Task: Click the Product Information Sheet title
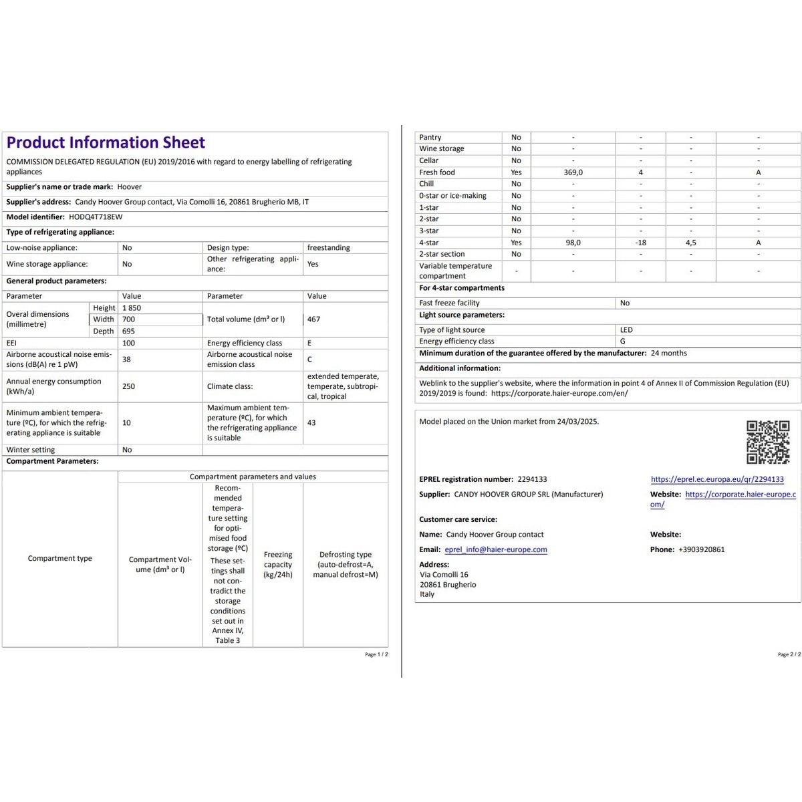(106, 142)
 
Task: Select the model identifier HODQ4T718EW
(96, 217)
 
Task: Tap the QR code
(768, 442)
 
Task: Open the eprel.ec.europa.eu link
(717, 479)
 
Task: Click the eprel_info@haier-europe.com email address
(496, 550)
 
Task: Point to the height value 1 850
(132, 308)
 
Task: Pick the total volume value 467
(313, 319)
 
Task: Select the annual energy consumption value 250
(128, 386)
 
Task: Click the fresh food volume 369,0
(573, 172)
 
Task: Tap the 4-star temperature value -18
(641, 243)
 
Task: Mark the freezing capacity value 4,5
(690, 243)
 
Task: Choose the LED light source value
(626, 330)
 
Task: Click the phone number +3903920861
(701, 550)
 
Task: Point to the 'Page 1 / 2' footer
(376, 654)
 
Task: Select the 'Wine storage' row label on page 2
(441, 149)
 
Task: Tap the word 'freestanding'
(328, 248)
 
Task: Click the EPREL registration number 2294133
(532, 479)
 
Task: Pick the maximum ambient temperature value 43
(311, 423)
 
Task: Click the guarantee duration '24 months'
(668, 354)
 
